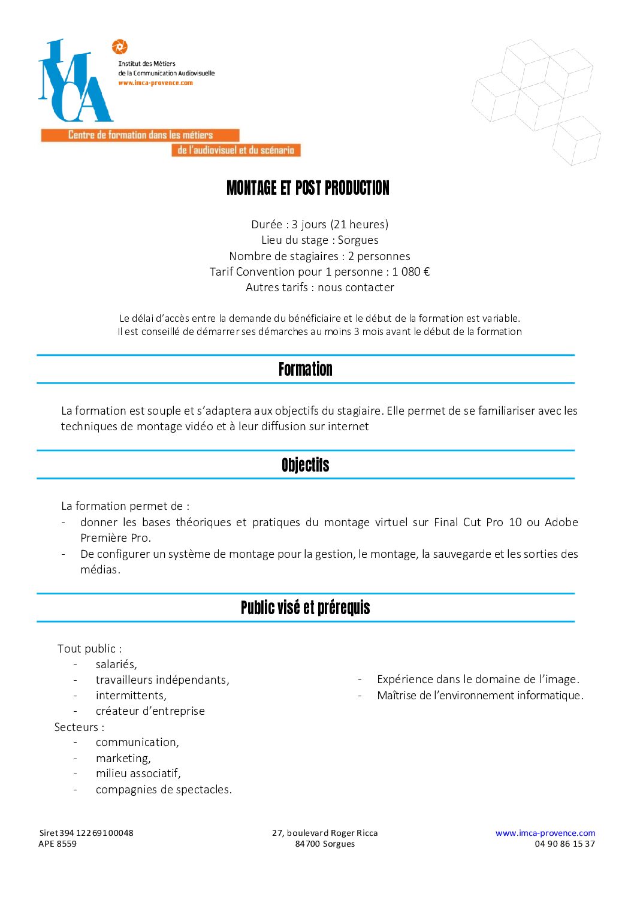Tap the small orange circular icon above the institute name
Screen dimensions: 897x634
click(120, 46)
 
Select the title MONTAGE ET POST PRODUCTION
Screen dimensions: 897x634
click(308, 188)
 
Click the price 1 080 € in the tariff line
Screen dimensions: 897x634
click(411, 271)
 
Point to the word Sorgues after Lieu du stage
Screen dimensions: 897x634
click(358, 240)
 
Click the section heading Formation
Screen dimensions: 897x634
click(305, 369)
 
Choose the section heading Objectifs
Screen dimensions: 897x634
click(305, 465)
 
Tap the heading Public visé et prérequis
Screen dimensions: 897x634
click(305, 608)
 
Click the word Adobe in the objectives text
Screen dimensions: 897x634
click(561, 522)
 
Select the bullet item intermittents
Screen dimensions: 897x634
click(131, 695)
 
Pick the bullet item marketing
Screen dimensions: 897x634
click(123, 758)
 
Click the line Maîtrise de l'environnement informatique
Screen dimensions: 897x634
click(480, 695)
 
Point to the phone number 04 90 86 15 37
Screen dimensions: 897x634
click(564, 844)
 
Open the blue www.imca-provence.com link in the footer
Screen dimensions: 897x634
click(545, 833)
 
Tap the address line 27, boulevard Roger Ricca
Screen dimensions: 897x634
click(325, 833)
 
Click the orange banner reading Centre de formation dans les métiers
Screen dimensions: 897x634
click(140, 135)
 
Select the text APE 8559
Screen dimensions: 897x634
click(58, 844)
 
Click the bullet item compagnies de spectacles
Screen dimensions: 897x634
click(164, 789)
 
